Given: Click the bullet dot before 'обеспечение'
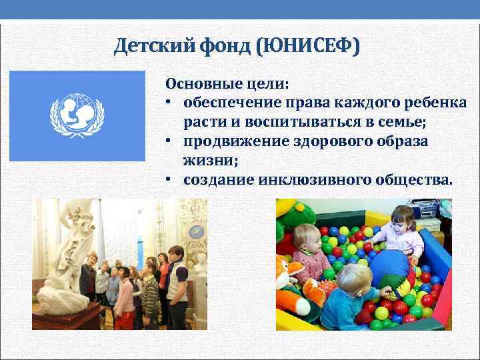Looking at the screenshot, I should pyautogui.click(x=171, y=104).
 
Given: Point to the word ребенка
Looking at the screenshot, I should pyautogui.click(x=433, y=103).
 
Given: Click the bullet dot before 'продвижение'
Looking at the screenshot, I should pyautogui.click(x=171, y=142).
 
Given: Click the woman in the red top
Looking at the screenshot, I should pyautogui.click(x=162, y=280).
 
